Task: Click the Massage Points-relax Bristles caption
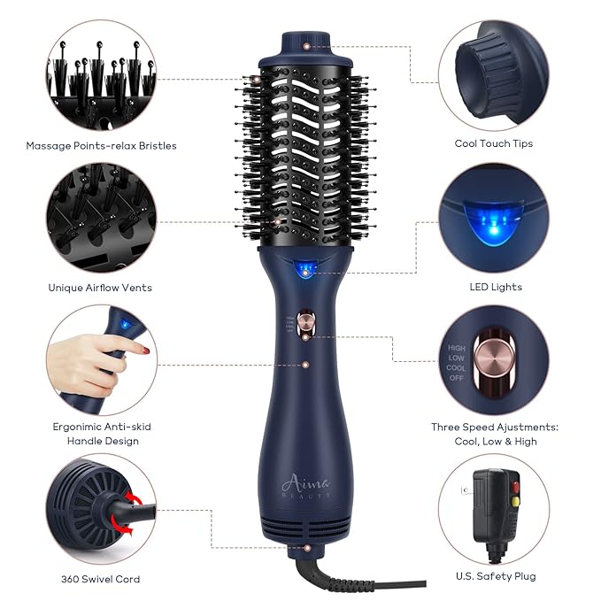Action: click(x=101, y=146)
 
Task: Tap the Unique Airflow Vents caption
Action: click(x=99, y=287)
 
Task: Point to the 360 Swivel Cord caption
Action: click(x=98, y=579)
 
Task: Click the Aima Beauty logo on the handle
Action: click(x=304, y=485)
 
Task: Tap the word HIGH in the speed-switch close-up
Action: click(x=457, y=349)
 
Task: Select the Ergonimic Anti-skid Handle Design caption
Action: click(x=101, y=434)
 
